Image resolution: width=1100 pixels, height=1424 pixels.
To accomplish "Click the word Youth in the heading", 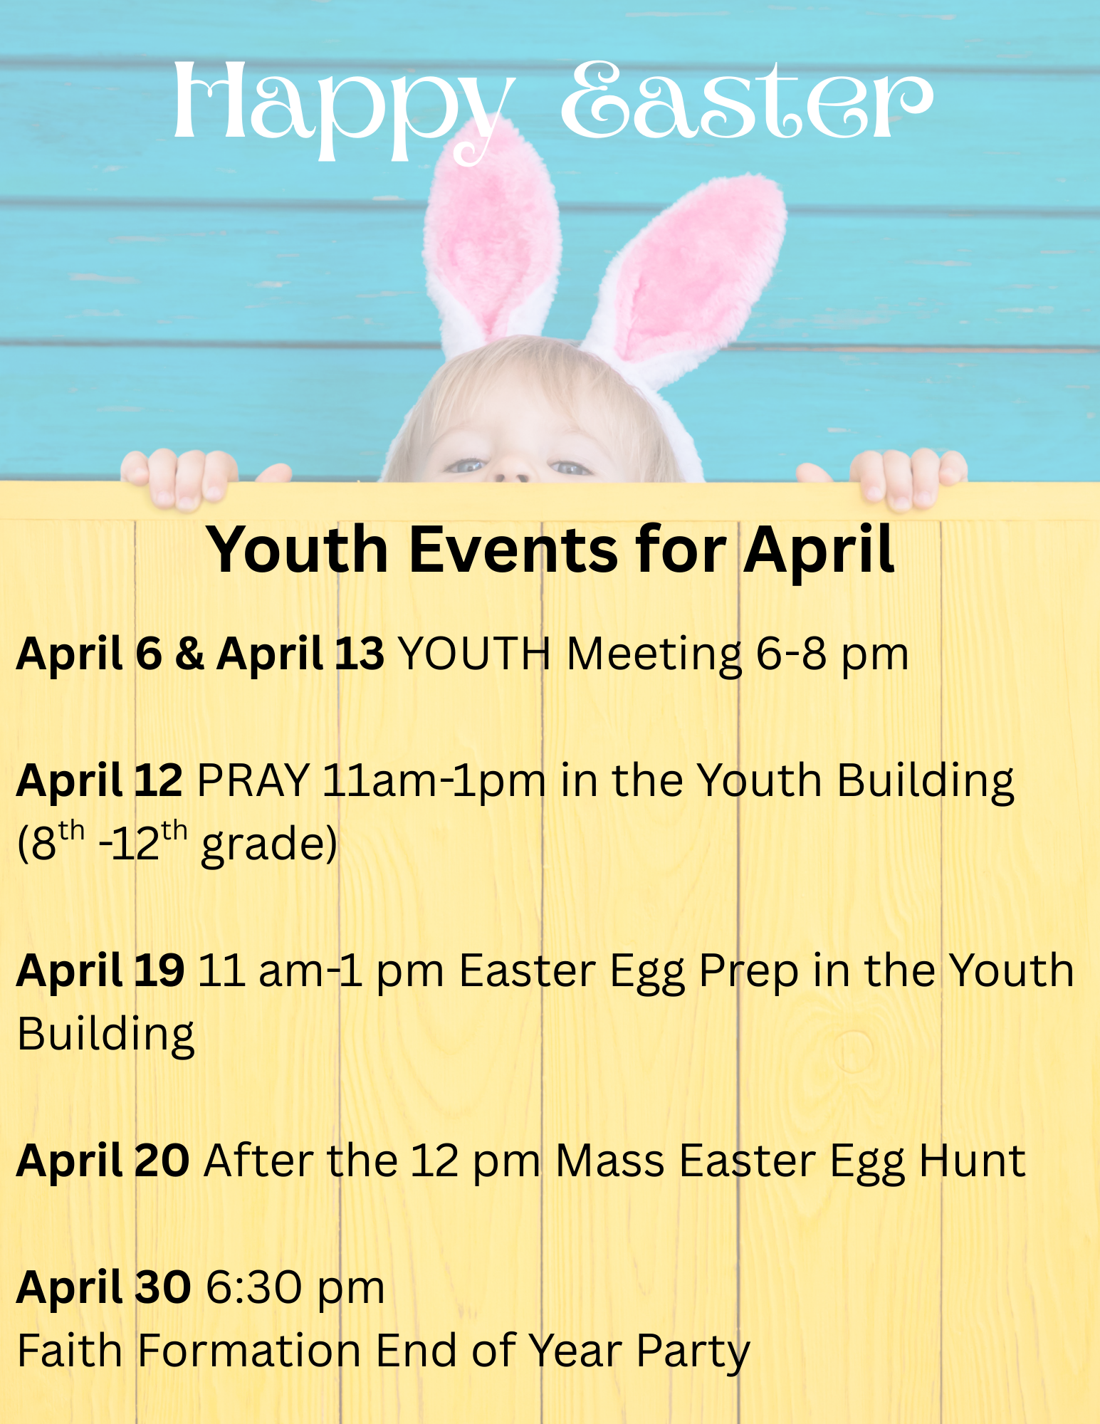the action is coord(297,550).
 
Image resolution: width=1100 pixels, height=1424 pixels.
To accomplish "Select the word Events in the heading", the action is coord(513,550).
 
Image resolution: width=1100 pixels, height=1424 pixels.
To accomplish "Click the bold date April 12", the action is coord(100,781).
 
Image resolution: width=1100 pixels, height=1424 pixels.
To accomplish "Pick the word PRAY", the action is coord(253,780).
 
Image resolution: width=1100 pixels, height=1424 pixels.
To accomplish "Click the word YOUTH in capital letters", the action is coord(475,654).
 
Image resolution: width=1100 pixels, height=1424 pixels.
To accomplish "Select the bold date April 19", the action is coord(100,971).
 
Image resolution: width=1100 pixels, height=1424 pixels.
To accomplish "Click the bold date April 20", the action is coord(103,1161).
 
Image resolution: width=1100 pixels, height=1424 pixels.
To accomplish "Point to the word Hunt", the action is coord(973,1161).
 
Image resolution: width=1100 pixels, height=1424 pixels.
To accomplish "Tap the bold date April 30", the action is coord(103,1288).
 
